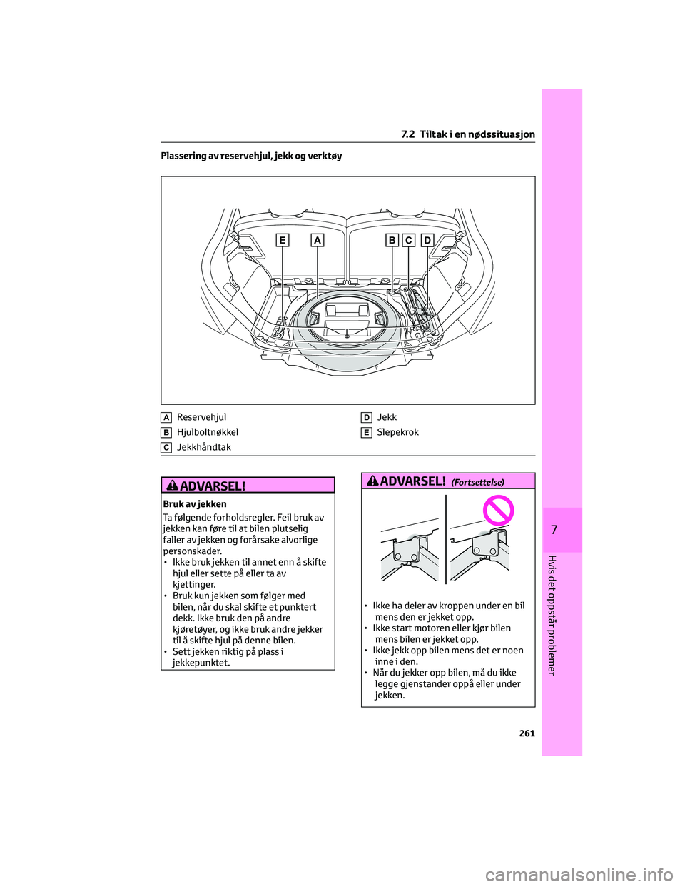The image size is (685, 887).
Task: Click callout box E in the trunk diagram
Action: click(x=283, y=241)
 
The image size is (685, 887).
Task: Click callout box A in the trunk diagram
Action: click(x=317, y=241)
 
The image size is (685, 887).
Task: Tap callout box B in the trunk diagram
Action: click(x=392, y=241)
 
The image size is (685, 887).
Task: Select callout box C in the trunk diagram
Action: click(x=409, y=241)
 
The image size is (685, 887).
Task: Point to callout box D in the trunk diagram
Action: click(x=427, y=241)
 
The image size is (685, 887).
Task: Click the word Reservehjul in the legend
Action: click(x=201, y=417)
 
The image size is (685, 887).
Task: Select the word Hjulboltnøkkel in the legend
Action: click(x=208, y=432)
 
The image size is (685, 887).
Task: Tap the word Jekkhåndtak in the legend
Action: click(x=204, y=447)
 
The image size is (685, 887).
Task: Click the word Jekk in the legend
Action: click(x=387, y=417)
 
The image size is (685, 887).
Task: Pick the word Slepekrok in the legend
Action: click(x=397, y=432)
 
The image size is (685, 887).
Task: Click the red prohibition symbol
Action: click(x=498, y=511)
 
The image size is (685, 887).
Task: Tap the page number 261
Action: click(x=527, y=733)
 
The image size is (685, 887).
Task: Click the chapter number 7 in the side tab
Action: click(x=554, y=530)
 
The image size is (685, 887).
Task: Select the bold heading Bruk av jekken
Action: click(x=195, y=504)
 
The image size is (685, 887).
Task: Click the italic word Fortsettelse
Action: click(x=477, y=483)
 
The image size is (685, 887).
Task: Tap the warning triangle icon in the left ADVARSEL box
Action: click(x=172, y=486)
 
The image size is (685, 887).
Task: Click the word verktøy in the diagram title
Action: click(x=325, y=156)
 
